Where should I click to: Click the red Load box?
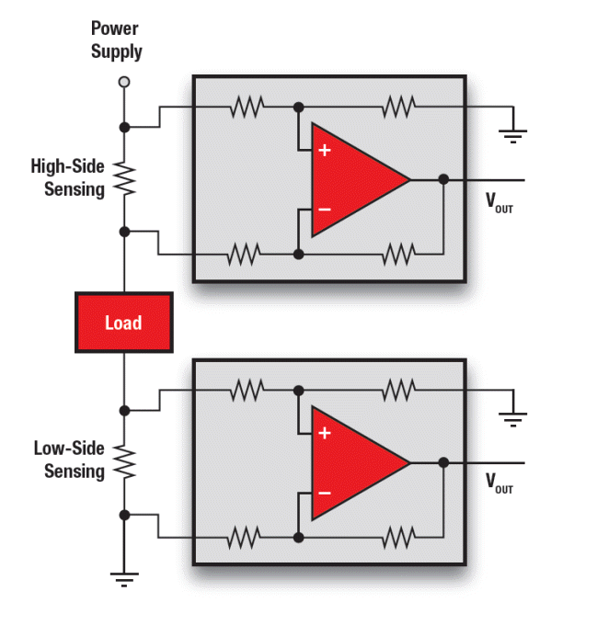tap(123, 323)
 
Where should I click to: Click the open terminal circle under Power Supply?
tap(124, 83)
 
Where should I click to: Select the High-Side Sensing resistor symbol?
tap(124, 177)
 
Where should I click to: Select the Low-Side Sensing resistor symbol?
tap(124, 462)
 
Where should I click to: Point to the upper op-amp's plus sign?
tap(324, 149)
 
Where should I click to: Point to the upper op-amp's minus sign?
tap(324, 210)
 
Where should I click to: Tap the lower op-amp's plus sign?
tap(324, 433)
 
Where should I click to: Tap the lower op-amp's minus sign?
tap(324, 494)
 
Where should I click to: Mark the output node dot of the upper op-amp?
tap(443, 179)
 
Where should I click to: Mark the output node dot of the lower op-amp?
tap(443, 463)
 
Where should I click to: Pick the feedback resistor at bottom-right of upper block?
tap(398, 253)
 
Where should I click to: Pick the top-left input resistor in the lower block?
tap(246, 391)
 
